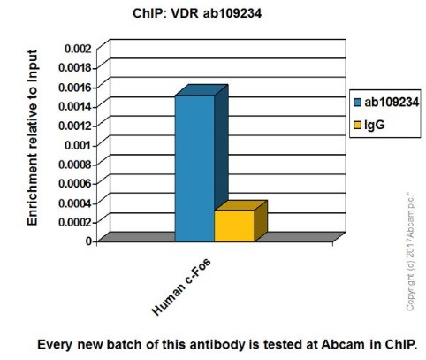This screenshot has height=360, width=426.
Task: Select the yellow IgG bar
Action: (233, 225)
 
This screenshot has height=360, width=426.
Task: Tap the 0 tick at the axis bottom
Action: (90, 240)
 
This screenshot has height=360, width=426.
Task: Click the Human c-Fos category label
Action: (181, 287)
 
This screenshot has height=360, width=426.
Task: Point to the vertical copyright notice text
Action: (410, 251)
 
